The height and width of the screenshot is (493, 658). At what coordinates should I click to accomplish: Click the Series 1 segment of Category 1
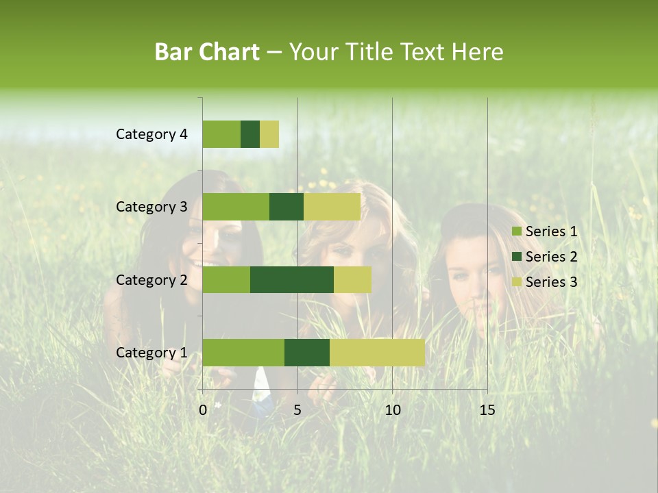point(243,352)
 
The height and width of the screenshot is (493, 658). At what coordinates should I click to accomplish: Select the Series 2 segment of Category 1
point(307,352)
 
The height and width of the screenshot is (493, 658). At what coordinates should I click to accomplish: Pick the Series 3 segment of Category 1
point(377,352)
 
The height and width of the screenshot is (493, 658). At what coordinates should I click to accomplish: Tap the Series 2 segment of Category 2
point(292,279)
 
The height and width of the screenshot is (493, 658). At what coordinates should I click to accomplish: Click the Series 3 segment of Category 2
point(352,279)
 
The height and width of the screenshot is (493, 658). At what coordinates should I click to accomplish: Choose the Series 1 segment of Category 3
point(236,207)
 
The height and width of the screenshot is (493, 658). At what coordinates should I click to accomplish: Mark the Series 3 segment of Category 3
point(332,207)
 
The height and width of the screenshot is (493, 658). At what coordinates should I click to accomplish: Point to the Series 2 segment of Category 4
point(250,134)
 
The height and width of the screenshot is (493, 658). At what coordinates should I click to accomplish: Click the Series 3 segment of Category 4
point(269,134)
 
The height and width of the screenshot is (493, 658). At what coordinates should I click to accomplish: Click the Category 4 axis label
point(151,134)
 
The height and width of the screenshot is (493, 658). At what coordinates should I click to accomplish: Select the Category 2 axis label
point(151,279)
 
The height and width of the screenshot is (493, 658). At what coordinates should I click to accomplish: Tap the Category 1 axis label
point(151,352)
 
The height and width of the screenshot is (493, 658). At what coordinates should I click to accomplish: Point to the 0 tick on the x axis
point(203,410)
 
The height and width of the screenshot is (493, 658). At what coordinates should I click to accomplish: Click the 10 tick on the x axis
point(392,410)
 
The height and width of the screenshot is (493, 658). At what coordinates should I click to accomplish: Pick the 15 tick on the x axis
point(487,410)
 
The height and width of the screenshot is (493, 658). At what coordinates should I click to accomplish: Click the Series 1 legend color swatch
point(516,231)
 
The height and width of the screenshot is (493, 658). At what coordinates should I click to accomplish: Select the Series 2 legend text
point(551,257)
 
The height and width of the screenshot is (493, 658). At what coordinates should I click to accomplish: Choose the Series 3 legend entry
point(545,282)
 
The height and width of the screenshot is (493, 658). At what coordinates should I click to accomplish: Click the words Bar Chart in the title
point(207,52)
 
